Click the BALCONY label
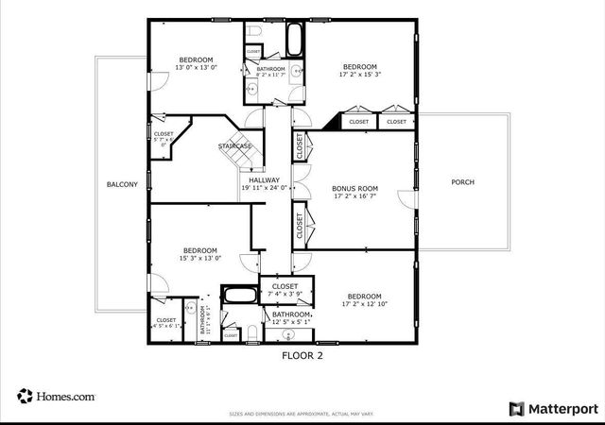(123, 185)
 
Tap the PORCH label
(462, 182)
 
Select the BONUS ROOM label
(355, 189)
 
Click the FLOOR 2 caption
(302, 356)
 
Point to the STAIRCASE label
(235, 146)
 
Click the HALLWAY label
(264, 179)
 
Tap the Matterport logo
(554, 409)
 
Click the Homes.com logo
(56, 397)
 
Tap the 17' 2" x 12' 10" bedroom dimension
(364, 304)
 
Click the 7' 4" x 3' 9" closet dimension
(285, 295)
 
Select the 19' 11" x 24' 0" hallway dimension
(264, 188)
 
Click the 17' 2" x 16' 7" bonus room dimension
(355, 197)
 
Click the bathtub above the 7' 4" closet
(239, 295)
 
